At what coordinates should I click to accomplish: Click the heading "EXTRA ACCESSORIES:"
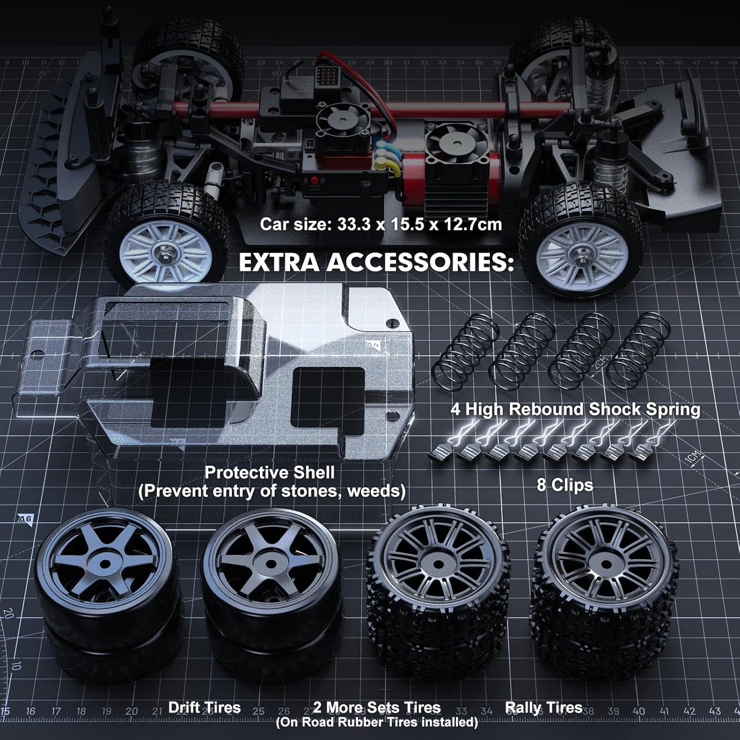376,262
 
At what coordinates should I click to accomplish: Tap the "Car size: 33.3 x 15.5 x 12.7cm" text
380,224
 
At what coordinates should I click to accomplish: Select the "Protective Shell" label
269,472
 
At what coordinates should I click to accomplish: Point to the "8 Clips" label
564,485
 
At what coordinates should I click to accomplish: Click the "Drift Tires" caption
204,707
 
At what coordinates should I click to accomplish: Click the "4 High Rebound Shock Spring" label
575,409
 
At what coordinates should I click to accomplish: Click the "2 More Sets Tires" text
377,707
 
